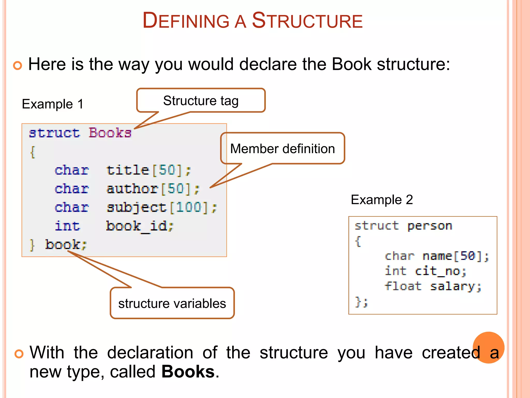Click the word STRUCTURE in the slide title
[307, 21]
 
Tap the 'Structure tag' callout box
[201, 101]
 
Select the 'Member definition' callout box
[282, 149]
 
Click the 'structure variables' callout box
[172, 303]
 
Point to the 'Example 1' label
[53, 104]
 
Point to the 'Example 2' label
[382, 200]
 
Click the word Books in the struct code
[110, 133]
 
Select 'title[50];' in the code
[149, 170]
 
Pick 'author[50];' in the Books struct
[153, 189]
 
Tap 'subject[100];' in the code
[162, 208]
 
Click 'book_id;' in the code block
[139, 226]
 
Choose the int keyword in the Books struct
[67, 226]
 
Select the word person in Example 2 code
[430, 226]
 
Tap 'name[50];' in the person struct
[455, 256]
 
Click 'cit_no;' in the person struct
[440, 271]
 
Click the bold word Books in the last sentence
[188, 372]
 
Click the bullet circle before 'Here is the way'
[18, 65]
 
